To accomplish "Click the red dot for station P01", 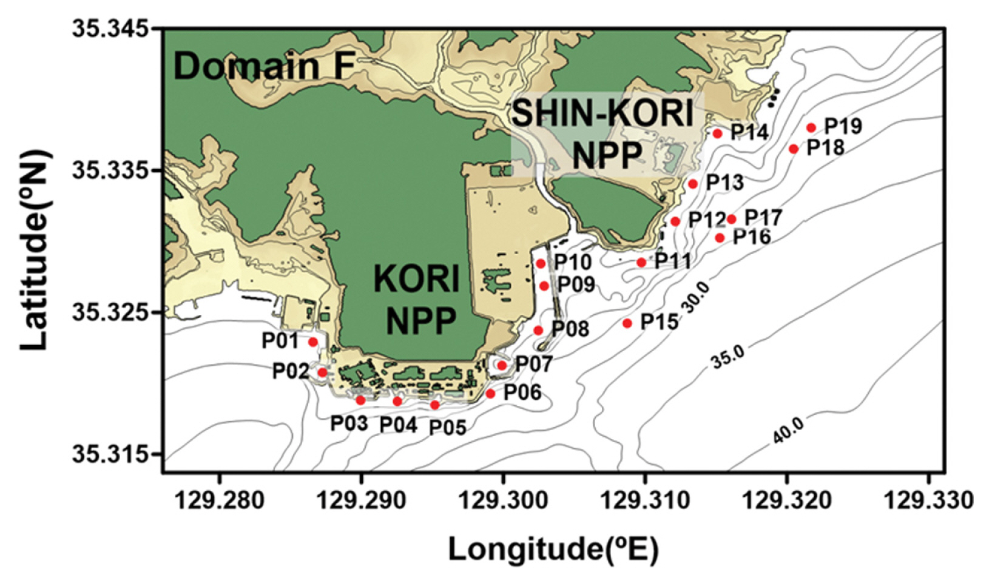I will [313, 342].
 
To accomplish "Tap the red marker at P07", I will [502, 365].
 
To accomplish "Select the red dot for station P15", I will [627, 323].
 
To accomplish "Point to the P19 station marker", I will [811, 127].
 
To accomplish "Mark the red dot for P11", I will [641, 263].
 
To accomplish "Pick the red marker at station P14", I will [718, 133].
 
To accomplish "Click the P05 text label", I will [448, 428].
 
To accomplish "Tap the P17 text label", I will [763, 217].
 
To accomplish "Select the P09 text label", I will [576, 284].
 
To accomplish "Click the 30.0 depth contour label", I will [695, 298].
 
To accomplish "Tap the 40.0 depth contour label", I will [789, 431].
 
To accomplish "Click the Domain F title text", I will [265, 66].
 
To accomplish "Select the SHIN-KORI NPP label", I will [603, 135].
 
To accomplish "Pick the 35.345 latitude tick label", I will [110, 29].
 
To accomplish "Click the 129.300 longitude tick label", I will [503, 500].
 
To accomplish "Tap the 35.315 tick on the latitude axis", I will [110, 454].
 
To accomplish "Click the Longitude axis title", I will [553, 550].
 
